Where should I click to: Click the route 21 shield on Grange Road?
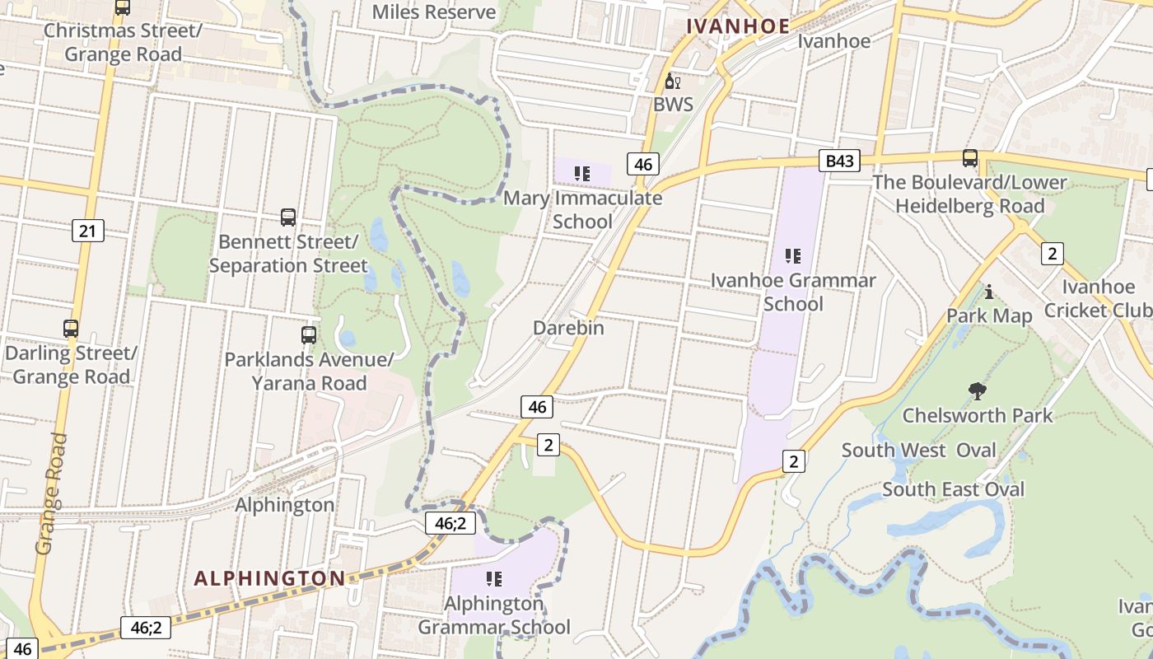[x=87, y=231]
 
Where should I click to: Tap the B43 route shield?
[x=839, y=161]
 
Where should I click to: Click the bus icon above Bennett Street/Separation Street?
[x=288, y=217]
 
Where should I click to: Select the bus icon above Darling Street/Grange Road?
[x=71, y=329]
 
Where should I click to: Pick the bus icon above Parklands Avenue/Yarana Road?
[x=309, y=335]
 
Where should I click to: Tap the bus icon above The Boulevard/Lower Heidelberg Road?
[x=970, y=157]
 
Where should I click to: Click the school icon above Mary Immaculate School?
[x=582, y=174]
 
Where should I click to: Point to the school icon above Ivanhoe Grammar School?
[x=793, y=256]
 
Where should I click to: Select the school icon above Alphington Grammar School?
[x=494, y=579]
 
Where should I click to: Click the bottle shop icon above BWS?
[x=673, y=82]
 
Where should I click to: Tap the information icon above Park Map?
[x=989, y=292]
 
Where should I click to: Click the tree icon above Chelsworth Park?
[x=978, y=390]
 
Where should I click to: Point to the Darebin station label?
[x=568, y=328]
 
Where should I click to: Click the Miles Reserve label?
[x=434, y=12]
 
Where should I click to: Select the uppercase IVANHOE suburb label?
[x=738, y=26]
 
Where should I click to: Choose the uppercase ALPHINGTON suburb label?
[x=269, y=578]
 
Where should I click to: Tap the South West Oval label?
[x=918, y=451]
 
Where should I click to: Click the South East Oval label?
[x=954, y=489]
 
